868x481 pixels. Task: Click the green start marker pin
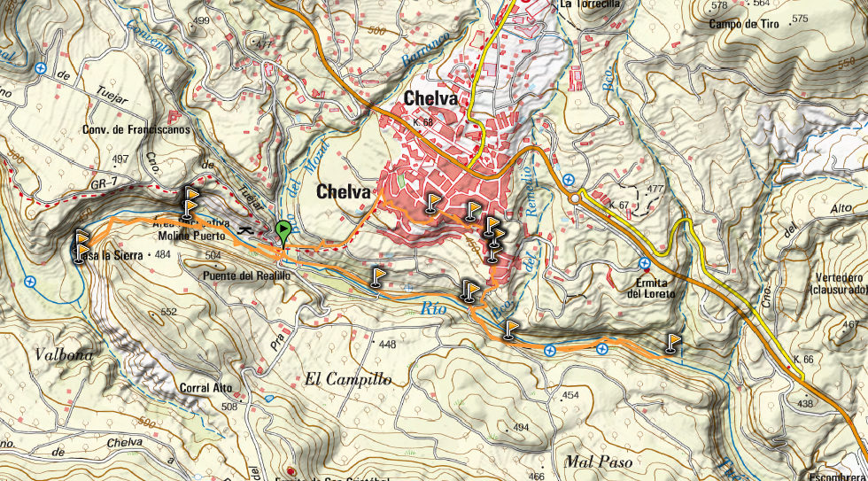pyautogui.click(x=283, y=232)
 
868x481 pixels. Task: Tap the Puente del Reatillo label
pyautogui.click(x=245, y=275)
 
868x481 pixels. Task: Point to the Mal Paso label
pyautogui.click(x=598, y=462)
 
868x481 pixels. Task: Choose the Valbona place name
pyautogui.click(x=63, y=354)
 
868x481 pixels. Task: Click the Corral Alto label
pyautogui.click(x=206, y=388)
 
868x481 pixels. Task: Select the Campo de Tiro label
pyautogui.click(x=744, y=24)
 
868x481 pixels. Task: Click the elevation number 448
pyautogui.click(x=386, y=344)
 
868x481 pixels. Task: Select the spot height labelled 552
pyautogui.click(x=169, y=312)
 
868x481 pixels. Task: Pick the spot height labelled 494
pyautogui.click(x=520, y=427)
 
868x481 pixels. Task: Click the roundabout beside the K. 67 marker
pyautogui.click(x=577, y=198)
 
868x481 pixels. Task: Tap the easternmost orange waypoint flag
pyautogui.click(x=674, y=342)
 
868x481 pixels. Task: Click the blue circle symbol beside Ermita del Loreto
pyautogui.click(x=646, y=263)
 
